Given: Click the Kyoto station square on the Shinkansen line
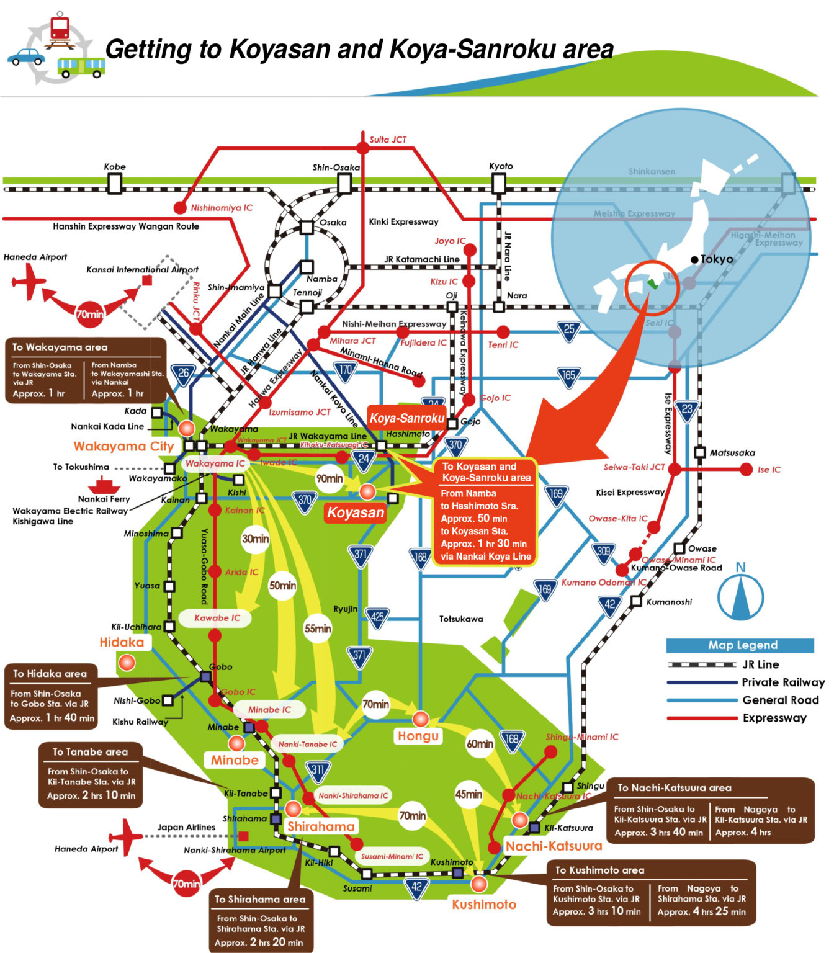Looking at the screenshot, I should pyautogui.click(x=498, y=184).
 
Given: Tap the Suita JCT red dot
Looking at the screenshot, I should pyautogui.click(x=363, y=147).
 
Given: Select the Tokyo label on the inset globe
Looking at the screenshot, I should pyautogui.click(x=716, y=259).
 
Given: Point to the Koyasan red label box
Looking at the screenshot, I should pyautogui.click(x=356, y=512).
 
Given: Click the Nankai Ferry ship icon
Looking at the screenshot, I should pyautogui.click(x=104, y=485).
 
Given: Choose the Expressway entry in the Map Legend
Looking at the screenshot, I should pyautogui.click(x=774, y=718).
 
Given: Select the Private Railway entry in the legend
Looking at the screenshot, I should pyautogui.click(x=782, y=682).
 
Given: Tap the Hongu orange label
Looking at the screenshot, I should pyautogui.click(x=418, y=736).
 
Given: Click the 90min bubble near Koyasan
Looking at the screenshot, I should pyautogui.click(x=330, y=478).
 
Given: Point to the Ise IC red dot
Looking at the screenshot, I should pyautogui.click(x=747, y=470).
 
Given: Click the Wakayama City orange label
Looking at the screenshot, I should pyautogui.click(x=123, y=446).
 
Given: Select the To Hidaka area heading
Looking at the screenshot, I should pyautogui.click(x=50, y=674).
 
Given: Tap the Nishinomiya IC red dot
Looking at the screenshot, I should pyautogui.click(x=180, y=207).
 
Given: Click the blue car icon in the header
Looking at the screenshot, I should pyautogui.click(x=26, y=57).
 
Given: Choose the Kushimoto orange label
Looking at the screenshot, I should pyautogui.click(x=483, y=905).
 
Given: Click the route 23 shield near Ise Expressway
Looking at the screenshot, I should pyautogui.click(x=686, y=409).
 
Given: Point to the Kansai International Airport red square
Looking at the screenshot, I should pyautogui.click(x=147, y=280).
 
